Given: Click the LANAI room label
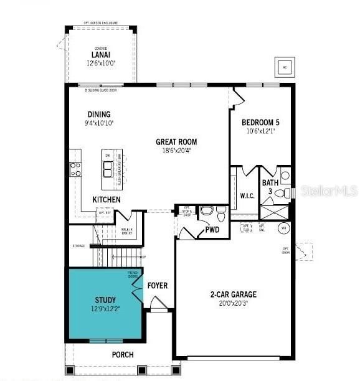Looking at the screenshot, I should pos(100,55).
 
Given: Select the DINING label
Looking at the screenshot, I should pos(99,114).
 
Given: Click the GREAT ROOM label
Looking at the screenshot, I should pos(176,142).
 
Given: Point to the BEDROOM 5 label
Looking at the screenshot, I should pos(261,122).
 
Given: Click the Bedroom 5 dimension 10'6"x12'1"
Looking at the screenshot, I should pos(261,131).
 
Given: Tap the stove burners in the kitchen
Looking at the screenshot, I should pos(75,169).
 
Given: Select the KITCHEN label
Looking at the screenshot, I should pos(107,199).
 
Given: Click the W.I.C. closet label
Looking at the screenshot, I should pos(247,195).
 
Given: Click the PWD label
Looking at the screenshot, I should pos(212,230).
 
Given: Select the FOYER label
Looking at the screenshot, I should pos(157,286).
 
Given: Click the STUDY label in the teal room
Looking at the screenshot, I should pos(106,300).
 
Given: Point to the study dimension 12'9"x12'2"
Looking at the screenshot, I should pos(106,309).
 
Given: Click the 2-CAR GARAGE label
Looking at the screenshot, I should pos(233,294).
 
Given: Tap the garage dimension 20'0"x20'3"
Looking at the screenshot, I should pos(233,304).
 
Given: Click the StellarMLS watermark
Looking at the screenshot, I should pos(329,190).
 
